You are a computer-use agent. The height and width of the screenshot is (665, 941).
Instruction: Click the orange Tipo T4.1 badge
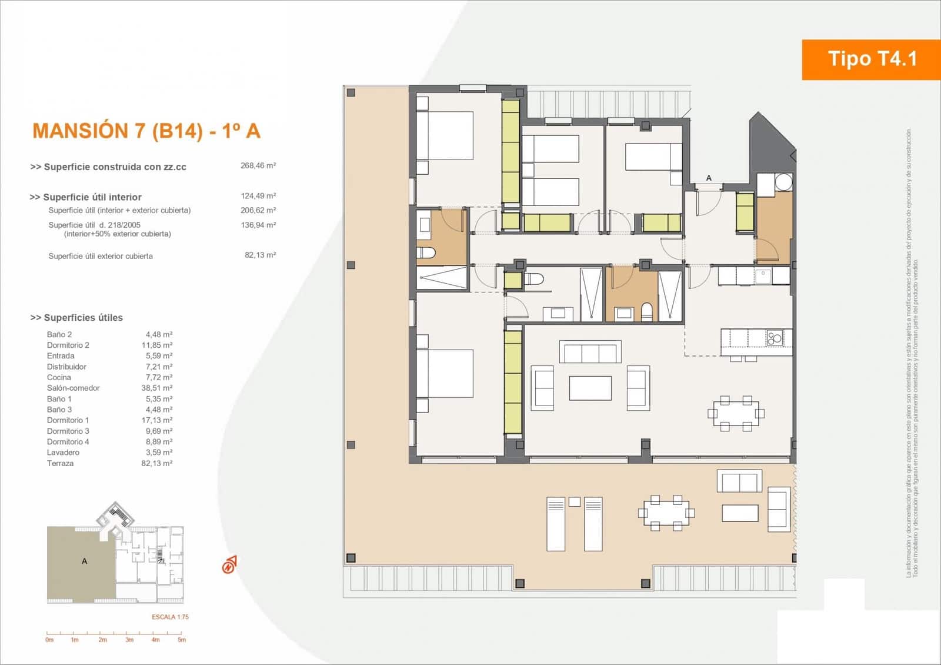coord(871,59)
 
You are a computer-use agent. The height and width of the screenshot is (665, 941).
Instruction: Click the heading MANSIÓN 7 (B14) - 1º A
coord(146,131)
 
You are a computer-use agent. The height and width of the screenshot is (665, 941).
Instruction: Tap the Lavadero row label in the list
coord(63,453)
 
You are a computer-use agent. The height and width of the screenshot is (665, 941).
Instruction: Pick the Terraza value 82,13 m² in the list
coord(156,464)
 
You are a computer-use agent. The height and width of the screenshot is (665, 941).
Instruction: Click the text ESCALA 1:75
coord(170,617)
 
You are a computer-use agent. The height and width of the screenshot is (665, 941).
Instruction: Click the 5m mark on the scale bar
coord(182,640)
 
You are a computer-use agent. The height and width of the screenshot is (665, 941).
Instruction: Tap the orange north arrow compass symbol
coord(229,565)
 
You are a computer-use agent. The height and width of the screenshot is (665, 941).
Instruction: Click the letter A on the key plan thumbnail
coord(85,561)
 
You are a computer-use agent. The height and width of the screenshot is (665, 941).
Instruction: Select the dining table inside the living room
coord(736,413)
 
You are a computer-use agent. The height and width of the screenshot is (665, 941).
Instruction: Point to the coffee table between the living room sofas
coord(590,388)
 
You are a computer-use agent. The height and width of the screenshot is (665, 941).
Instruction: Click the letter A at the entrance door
coord(709,178)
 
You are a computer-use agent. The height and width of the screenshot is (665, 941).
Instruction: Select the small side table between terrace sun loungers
coord(575,502)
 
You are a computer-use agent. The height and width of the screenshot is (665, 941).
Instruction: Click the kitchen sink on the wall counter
coord(763,274)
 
